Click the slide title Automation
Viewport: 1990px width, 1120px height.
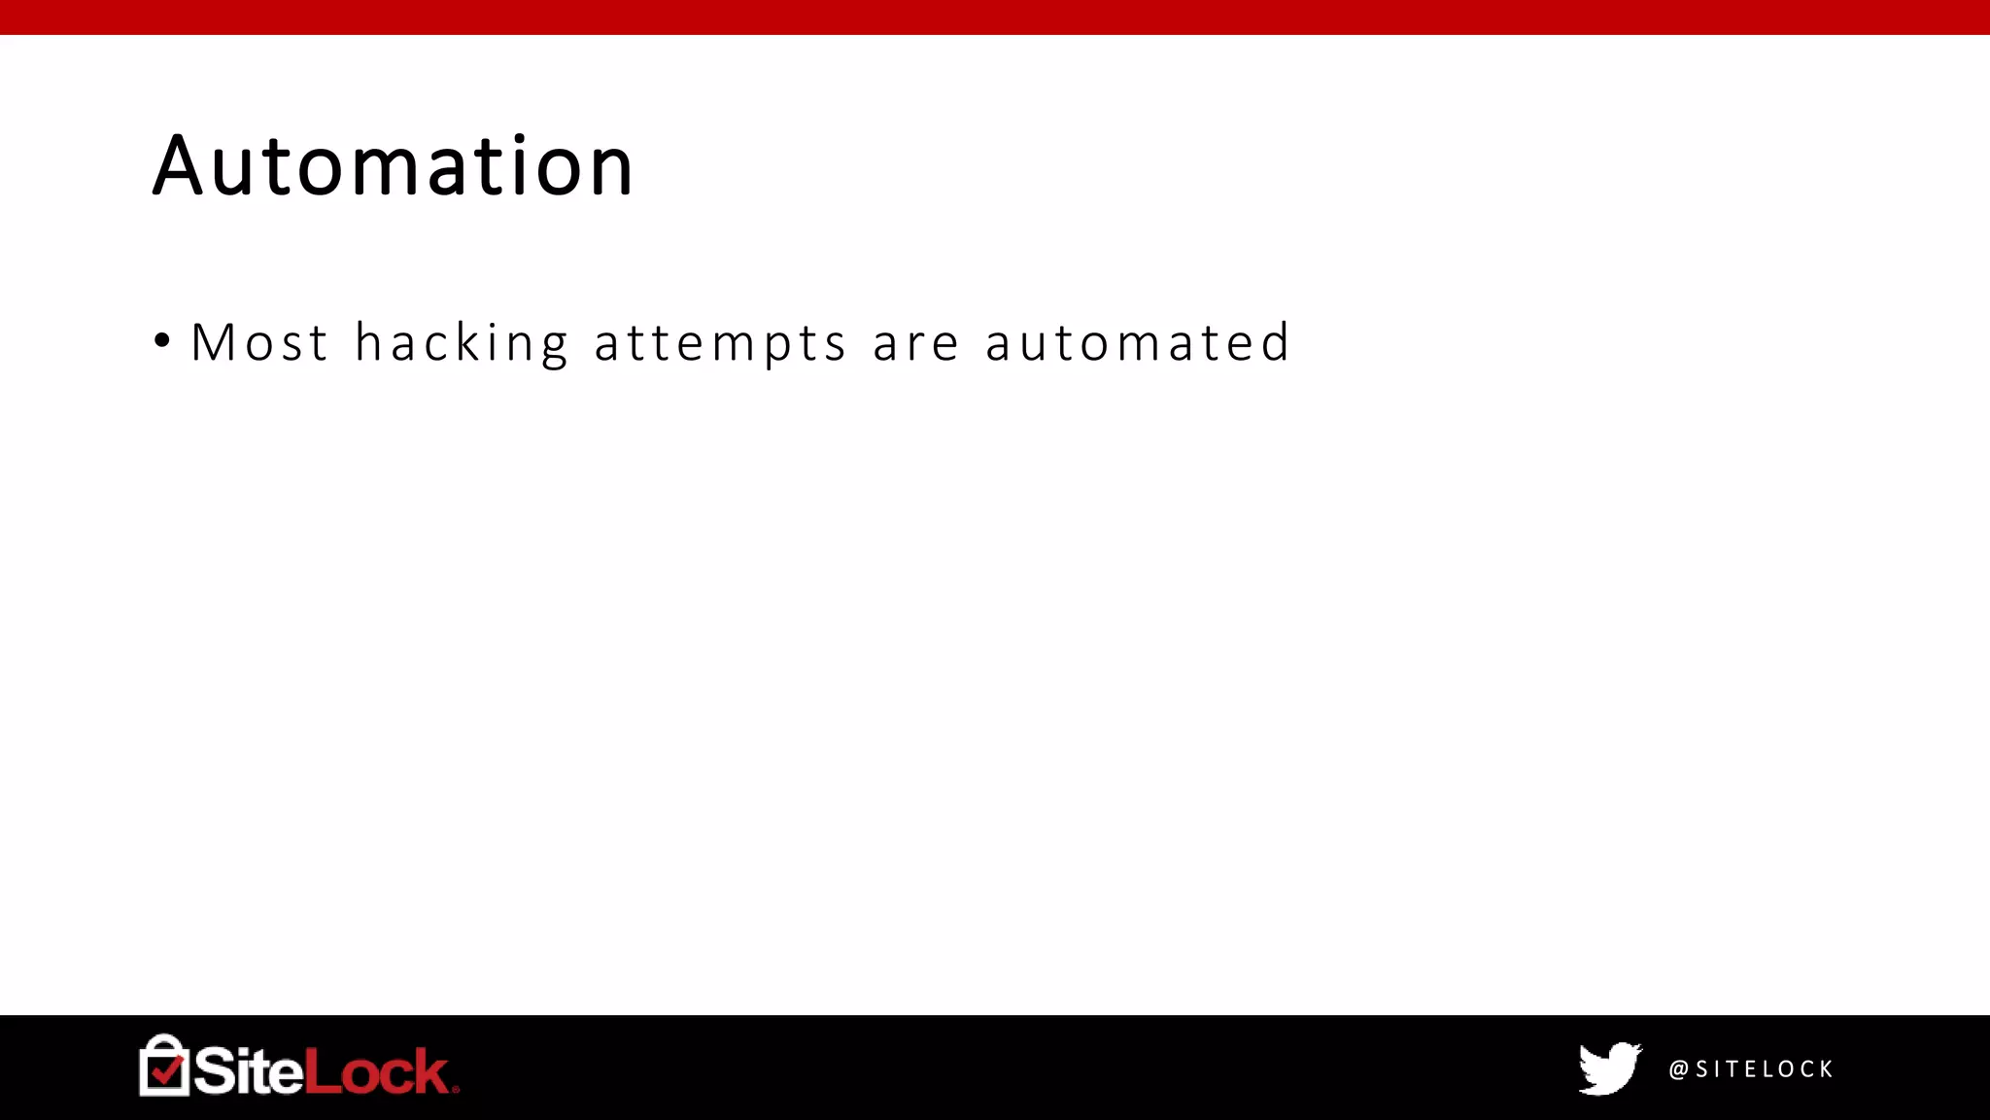coord(394,166)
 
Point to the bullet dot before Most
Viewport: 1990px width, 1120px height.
coord(162,341)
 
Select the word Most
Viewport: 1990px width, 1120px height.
coord(259,343)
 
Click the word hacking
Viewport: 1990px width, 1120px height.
coord(462,343)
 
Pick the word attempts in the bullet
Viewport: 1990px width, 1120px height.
coord(720,343)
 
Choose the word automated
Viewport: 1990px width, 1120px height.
coord(1138,343)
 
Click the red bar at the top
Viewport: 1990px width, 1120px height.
coord(995,17)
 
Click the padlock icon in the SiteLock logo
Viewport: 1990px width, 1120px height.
coord(164,1066)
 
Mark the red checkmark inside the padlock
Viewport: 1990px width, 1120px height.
coord(166,1071)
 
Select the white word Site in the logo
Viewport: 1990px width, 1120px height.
coord(249,1070)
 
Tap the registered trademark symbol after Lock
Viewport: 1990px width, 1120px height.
coord(456,1089)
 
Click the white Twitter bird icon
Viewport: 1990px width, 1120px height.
coord(1609,1068)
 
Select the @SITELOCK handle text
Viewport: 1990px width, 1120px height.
coord(1751,1069)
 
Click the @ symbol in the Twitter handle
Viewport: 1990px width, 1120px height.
coord(1678,1069)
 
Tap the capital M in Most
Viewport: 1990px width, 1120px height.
coord(212,343)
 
